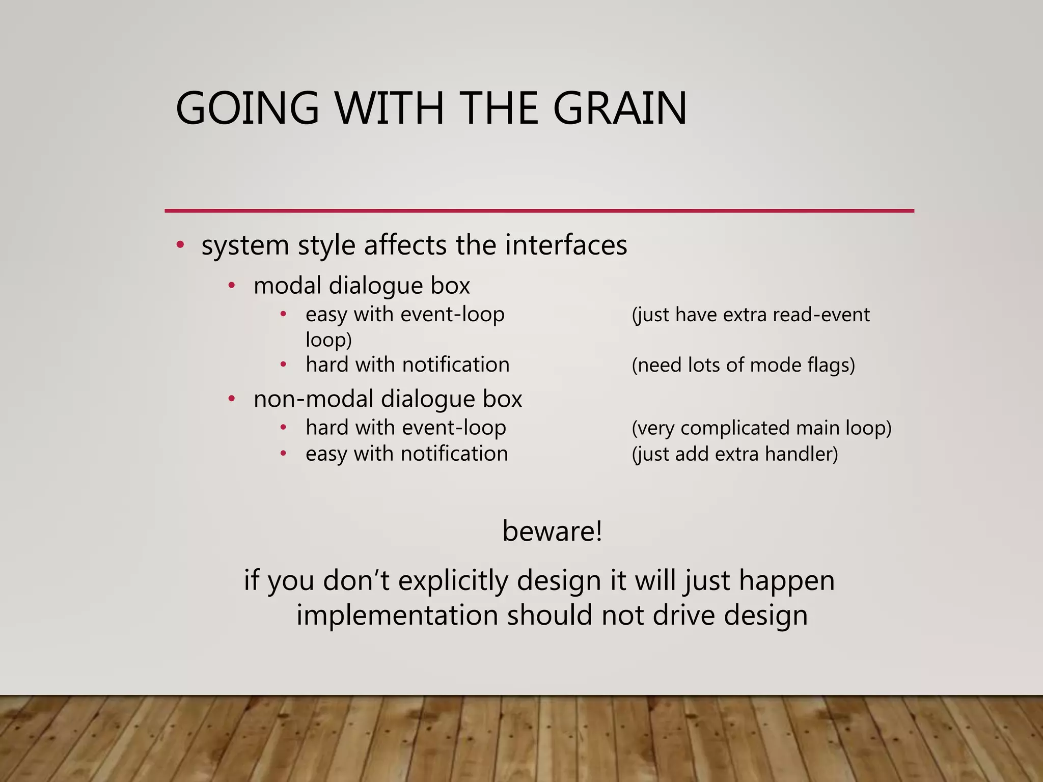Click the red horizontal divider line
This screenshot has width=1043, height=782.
click(x=539, y=210)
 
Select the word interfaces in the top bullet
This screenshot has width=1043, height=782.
click(x=566, y=245)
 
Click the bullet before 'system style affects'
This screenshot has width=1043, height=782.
click(x=180, y=245)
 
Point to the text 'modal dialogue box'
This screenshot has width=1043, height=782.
click(x=362, y=286)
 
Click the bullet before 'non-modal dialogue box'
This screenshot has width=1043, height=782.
click(x=232, y=399)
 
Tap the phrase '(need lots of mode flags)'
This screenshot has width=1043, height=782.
click(x=743, y=365)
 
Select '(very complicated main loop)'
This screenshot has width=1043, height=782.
click(x=761, y=428)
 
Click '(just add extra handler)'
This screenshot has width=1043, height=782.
click(x=734, y=454)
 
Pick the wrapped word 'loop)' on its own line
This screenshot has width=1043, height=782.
click(x=328, y=340)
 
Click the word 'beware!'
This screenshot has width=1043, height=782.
click(x=552, y=531)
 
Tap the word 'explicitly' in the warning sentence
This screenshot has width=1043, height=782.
click(x=453, y=580)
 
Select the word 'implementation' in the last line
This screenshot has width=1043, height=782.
click(x=397, y=615)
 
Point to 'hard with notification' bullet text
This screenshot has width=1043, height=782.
click(x=407, y=365)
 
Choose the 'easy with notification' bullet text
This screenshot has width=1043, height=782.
click(x=406, y=454)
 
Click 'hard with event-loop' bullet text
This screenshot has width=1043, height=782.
click(x=406, y=428)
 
